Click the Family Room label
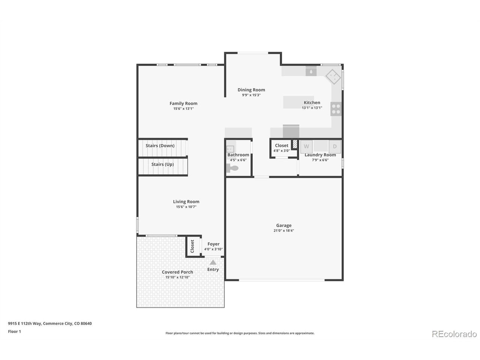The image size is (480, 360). [x=183, y=103]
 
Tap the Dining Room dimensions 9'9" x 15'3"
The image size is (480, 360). [x=251, y=95]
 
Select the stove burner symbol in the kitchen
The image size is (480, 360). [x=336, y=109]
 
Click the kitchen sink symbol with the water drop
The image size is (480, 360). [x=311, y=71]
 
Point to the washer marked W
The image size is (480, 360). [x=306, y=147]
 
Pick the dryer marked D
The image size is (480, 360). [x=334, y=147]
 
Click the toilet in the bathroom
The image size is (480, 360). [x=232, y=168]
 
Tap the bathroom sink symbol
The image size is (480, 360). [x=230, y=149]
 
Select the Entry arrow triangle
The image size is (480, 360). [x=213, y=262]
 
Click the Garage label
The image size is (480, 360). [x=283, y=225]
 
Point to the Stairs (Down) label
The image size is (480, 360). [x=160, y=145]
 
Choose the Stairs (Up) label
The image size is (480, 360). [x=162, y=164]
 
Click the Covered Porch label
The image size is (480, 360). [x=177, y=272]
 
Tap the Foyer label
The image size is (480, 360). [x=213, y=244]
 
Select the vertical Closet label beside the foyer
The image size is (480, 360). [x=192, y=246]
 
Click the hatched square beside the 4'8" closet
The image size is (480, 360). [x=295, y=144]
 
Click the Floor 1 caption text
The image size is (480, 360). [x=14, y=331]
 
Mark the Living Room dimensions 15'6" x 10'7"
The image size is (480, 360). [x=186, y=207]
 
